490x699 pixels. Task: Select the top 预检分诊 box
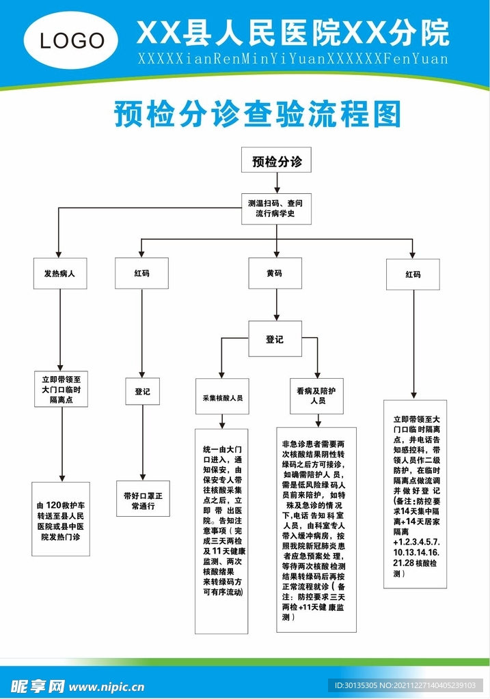pyautogui.click(x=276, y=162)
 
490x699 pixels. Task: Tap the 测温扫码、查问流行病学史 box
pyautogui.click(x=276, y=209)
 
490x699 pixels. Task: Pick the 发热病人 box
pyautogui.click(x=60, y=274)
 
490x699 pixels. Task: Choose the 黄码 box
pyautogui.click(x=275, y=274)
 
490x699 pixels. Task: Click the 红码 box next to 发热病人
pyautogui.click(x=141, y=274)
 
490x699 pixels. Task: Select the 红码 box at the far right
pyautogui.click(x=413, y=274)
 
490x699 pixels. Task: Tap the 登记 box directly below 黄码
pyautogui.click(x=275, y=339)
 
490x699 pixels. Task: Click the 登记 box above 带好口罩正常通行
pyautogui.click(x=142, y=393)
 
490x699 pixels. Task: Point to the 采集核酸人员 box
pyautogui.click(x=222, y=397)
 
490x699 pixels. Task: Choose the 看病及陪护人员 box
pyautogui.click(x=317, y=397)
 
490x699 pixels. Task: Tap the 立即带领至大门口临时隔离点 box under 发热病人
pyautogui.click(x=62, y=389)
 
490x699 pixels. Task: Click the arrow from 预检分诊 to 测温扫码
pyautogui.click(x=276, y=182)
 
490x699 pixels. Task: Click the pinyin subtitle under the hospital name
pyautogui.click(x=292, y=59)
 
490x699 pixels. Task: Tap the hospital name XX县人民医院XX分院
pyautogui.click(x=292, y=33)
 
